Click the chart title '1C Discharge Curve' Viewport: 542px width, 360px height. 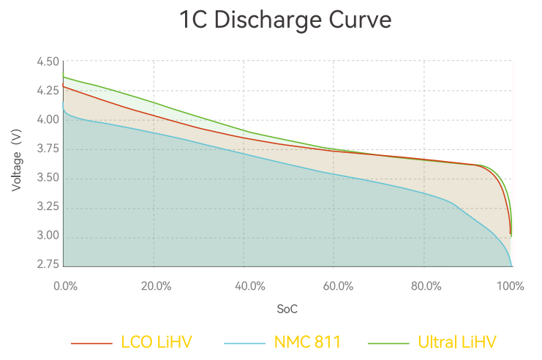coord(285,20)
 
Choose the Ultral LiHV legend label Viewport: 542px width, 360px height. coord(457,342)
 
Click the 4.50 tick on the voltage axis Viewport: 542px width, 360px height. coord(48,62)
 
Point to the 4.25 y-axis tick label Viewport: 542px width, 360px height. coord(48,91)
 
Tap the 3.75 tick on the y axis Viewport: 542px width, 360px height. coord(48,149)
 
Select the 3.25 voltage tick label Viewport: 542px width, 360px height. coord(48,207)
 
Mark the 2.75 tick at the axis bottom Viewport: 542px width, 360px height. coord(48,265)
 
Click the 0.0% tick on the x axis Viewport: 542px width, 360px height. coord(66,286)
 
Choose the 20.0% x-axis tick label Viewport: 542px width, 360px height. coord(156,286)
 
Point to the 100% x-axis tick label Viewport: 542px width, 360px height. coord(510,286)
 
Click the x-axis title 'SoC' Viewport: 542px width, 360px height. coord(287,310)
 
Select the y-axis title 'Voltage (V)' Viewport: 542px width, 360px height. coord(16,161)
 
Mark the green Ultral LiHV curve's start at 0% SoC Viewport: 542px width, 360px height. coord(64,77)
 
